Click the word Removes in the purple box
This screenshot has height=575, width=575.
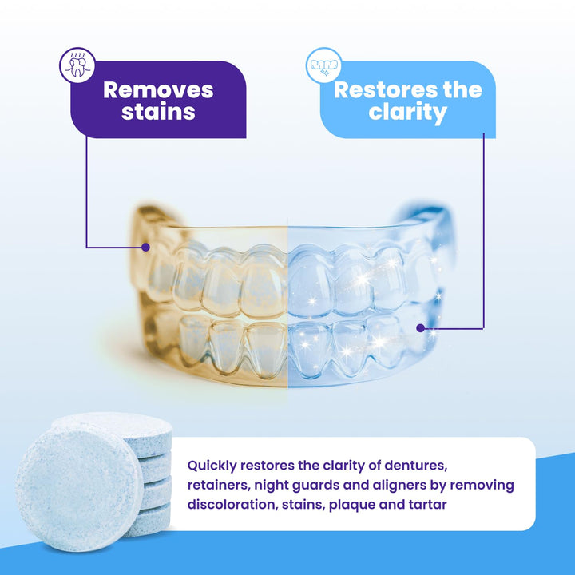coord(158,89)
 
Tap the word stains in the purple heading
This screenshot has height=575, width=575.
coord(158,112)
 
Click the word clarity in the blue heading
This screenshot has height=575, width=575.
coord(407,112)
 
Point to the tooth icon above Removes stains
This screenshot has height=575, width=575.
coord(77,65)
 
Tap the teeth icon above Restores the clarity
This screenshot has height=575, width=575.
coord(323,65)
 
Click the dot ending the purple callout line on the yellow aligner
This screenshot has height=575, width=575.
coord(145,248)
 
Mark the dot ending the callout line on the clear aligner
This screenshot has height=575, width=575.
coord(421,327)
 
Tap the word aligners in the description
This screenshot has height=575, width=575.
coord(424,485)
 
